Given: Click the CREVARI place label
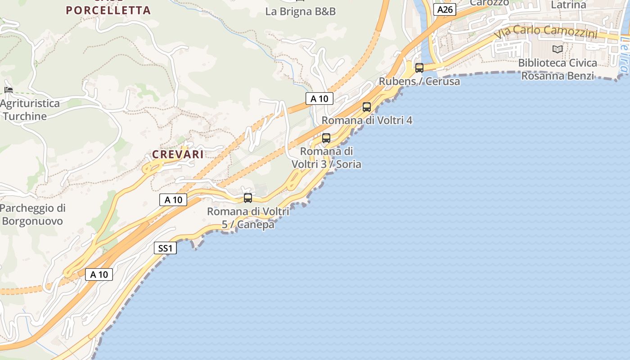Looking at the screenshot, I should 178,154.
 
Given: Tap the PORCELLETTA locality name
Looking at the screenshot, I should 108,10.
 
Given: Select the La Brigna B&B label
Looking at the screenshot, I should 301,12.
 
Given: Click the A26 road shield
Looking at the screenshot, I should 445,9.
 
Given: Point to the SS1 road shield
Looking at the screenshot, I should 165,248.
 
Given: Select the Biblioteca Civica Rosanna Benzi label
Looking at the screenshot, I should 558,69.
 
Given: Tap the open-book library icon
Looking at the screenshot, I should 558,49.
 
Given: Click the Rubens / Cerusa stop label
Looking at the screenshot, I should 419,81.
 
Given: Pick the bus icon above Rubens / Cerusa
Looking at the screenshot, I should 419,68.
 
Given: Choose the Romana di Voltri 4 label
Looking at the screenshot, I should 367,121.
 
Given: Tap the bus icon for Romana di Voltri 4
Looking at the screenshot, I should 367,107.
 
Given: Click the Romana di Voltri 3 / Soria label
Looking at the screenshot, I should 326,157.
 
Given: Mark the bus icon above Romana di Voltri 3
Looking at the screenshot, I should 326,138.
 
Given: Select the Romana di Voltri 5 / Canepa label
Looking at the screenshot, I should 248,217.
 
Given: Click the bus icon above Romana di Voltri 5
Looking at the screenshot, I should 248,198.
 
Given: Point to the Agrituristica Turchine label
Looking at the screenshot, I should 30,110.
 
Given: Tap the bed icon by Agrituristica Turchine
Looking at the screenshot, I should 8,90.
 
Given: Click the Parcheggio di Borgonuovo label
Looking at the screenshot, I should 32,215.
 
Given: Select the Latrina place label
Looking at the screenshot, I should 569,5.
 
